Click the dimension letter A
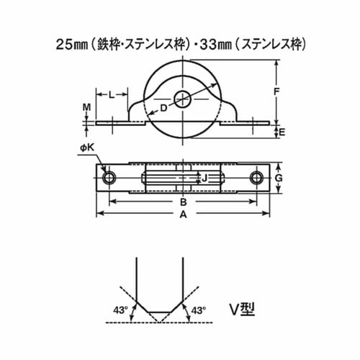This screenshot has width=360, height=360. point(184,214)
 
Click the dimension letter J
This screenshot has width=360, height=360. point(204,178)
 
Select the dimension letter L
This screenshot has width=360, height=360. point(112,94)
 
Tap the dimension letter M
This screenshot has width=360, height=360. point(86,109)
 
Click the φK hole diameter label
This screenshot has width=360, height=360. point(87,149)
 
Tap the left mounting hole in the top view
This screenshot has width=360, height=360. point(109,178)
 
